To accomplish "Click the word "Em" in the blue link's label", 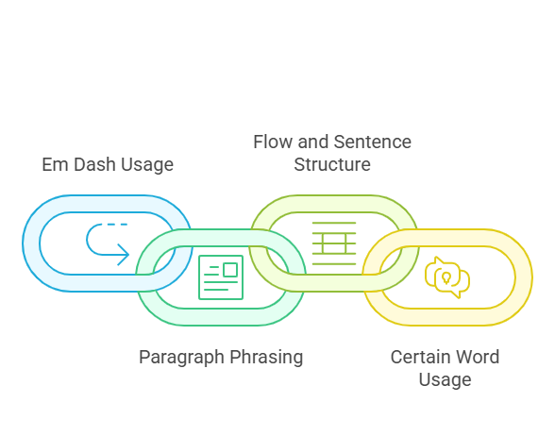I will point(55,164).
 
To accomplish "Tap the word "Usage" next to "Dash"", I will point(148,164).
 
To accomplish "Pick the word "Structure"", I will point(331,164).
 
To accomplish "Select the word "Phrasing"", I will point(267,357).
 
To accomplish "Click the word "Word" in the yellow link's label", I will point(478,358).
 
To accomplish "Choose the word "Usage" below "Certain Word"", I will point(445,379).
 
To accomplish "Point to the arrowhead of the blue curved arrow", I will point(122,255).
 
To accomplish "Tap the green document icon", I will point(221,277).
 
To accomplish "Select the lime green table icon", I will point(333,243).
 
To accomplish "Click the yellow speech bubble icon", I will point(446,277).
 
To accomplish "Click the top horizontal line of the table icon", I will point(333,224).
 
